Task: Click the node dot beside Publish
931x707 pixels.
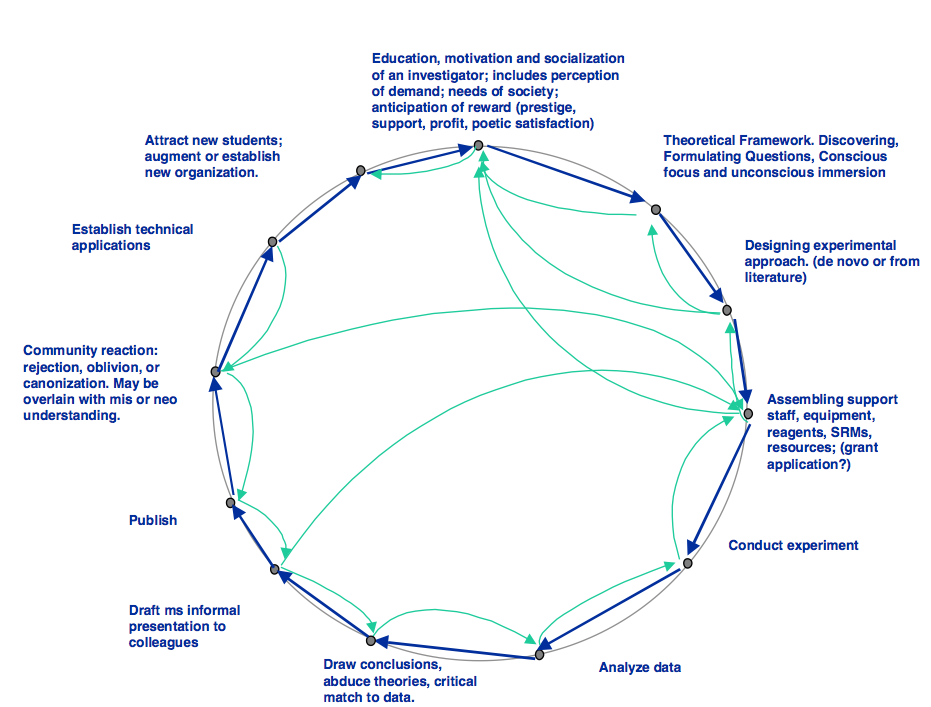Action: click(x=230, y=503)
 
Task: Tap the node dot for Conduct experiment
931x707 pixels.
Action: click(x=688, y=563)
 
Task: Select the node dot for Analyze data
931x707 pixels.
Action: click(x=539, y=655)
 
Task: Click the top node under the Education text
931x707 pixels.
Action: click(x=479, y=145)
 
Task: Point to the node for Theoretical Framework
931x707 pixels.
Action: click(x=656, y=210)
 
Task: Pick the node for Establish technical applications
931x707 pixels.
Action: click(x=273, y=242)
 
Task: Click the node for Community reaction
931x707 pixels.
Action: click(x=216, y=372)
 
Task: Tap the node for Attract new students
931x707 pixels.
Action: click(x=360, y=171)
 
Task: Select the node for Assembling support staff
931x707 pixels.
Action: click(x=748, y=414)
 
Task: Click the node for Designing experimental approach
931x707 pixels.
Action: click(x=727, y=310)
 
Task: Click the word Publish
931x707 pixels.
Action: click(x=153, y=521)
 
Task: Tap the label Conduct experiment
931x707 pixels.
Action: click(x=793, y=546)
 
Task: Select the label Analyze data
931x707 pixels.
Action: click(x=640, y=668)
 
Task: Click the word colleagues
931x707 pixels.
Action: click(x=163, y=643)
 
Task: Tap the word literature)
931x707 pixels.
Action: click(x=775, y=278)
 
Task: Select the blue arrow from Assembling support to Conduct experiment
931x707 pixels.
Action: click(x=718, y=489)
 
